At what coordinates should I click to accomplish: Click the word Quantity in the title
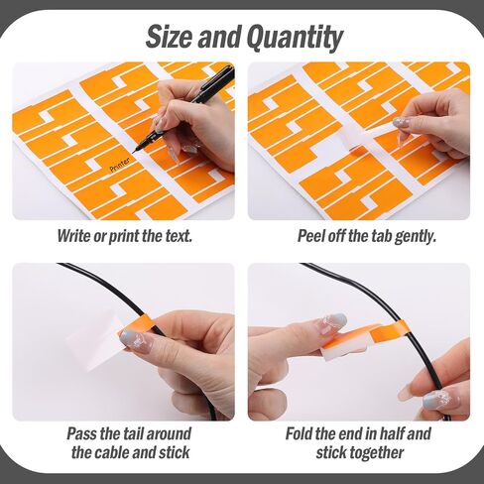point(295,39)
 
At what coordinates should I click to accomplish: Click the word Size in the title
point(169,37)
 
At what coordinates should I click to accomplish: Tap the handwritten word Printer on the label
point(120,165)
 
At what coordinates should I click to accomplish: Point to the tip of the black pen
point(134,152)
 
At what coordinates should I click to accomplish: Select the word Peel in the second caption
point(311,236)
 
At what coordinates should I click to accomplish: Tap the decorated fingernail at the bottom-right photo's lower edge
point(440,401)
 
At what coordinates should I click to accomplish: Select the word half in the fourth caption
point(391,433)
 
